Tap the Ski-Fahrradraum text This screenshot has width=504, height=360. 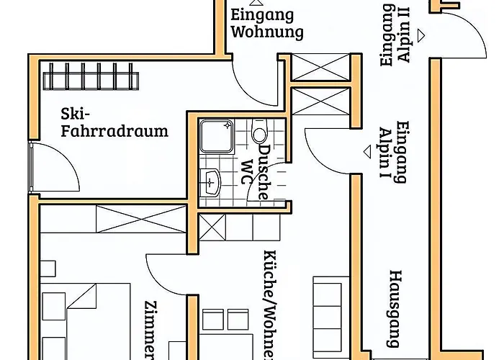114,122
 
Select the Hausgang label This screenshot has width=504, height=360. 395,306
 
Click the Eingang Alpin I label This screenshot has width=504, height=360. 394,152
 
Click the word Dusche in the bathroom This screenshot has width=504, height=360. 264,171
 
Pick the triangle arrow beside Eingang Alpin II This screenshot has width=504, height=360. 425,34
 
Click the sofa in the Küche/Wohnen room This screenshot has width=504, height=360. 328,306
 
